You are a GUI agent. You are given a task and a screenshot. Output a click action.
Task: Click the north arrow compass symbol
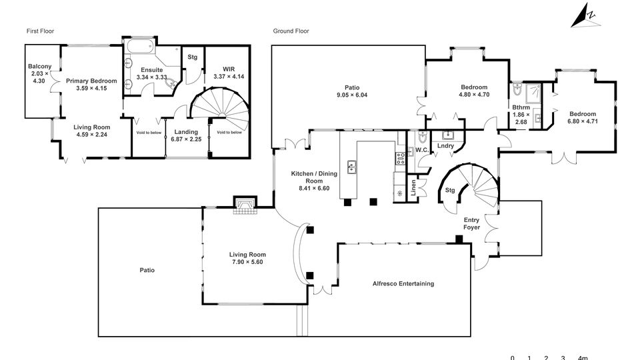[585, 16]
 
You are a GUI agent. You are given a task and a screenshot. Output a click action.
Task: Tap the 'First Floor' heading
[40, 31]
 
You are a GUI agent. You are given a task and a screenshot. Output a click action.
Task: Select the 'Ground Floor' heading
[291, 31]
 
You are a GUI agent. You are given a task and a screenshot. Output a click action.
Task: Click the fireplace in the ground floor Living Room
[244, 206]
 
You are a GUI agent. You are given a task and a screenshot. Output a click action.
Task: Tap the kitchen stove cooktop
[400, 159]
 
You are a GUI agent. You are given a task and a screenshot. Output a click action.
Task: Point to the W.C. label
[422, 150]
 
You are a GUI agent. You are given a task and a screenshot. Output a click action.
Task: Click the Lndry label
[445, 145]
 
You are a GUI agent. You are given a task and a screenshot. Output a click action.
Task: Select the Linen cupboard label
[414, 188]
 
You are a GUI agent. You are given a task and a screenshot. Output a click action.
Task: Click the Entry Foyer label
[472, 223]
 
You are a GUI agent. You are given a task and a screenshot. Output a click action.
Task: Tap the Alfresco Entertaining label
[403, 283]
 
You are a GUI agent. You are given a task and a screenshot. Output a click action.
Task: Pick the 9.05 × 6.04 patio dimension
[352, 95]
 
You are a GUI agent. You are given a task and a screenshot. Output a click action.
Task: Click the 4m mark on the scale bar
[582, 358]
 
